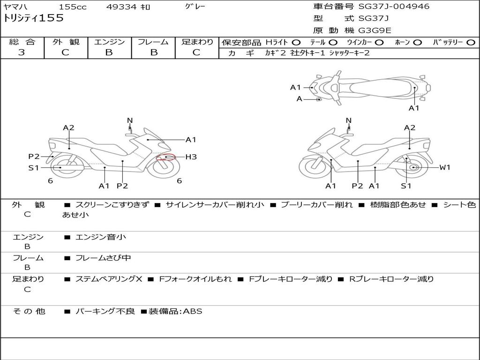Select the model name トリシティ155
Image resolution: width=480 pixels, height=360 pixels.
pos(33,18)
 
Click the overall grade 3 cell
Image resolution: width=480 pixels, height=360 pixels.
pos(22,52)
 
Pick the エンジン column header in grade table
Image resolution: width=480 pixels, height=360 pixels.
pos(109,42)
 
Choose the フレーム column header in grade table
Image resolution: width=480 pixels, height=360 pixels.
pos(153,42)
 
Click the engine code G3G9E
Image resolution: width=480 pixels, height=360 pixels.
pos(375,30)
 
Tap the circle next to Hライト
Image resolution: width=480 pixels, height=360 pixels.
pos(296,43)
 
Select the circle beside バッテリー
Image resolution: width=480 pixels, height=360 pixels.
pos(471,43)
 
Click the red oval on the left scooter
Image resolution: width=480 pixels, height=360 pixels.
pos(166,157)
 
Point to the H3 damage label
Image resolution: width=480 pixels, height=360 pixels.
pos(191,157)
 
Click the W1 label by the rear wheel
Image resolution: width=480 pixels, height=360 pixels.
pos(444,167)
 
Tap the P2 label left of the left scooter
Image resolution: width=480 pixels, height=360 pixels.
pos(34,157)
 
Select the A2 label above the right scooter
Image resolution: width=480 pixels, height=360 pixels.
pos(410,127)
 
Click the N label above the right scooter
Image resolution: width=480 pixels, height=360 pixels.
pos(348,120)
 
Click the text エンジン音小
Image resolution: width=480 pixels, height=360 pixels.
pos(101,237)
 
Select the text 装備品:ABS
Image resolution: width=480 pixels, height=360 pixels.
pos(175,311)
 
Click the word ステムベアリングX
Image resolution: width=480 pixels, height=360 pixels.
pos(109,279)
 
